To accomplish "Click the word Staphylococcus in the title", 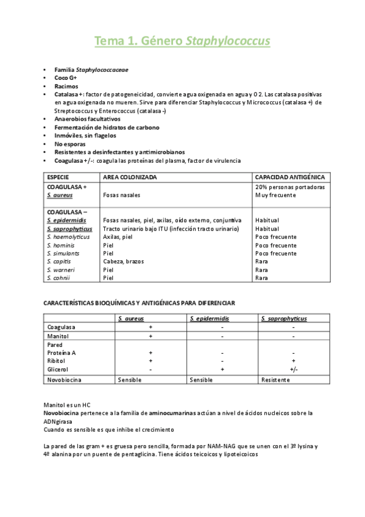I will point(227,41).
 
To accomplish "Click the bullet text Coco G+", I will point(65,79).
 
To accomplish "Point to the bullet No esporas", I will point(68,144).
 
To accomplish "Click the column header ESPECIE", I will point(58,177).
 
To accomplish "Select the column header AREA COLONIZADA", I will point(130,177).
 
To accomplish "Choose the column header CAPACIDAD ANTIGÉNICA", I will point(289,177).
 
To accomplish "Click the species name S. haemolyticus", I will point(68,237).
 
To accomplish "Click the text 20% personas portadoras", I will point(289,187).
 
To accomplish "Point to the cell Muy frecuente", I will point(275,195).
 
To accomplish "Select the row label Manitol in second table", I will point(58,336).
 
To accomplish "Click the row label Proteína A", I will point(62,353).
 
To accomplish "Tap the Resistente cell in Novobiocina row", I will point(275,380).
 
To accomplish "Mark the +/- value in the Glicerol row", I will point(294,369).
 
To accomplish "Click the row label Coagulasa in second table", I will point(61,327).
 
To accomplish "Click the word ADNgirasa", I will point(60,421).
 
